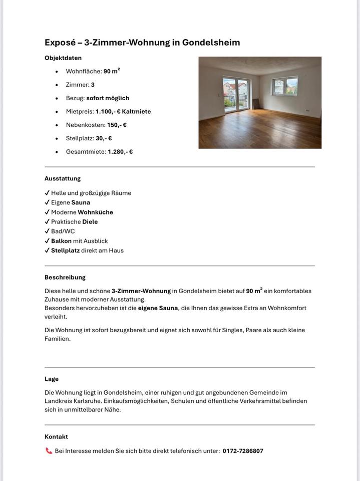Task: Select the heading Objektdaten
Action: pos(63,58)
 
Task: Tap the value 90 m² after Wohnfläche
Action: pos(112,71)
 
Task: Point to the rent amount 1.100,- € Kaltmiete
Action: pos(123,112)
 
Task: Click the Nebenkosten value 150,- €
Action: pos(117,125)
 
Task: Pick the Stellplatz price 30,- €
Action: pos(104,138)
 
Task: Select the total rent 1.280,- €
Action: pos(120,152)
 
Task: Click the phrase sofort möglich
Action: pos(108,98)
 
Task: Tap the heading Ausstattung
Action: pos(63,178)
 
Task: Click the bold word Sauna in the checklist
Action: pos(81,202)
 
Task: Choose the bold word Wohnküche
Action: pos(95,212)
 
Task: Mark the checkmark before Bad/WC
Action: pos(47,231)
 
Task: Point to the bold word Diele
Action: pos(90,221)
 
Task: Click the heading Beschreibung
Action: pos(65,277)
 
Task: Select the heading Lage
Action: pos(52,379)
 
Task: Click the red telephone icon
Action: pos(49,451)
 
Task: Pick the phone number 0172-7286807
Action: pos(243,451)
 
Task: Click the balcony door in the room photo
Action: pos(235,94)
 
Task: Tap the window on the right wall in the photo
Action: pos(285,86)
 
